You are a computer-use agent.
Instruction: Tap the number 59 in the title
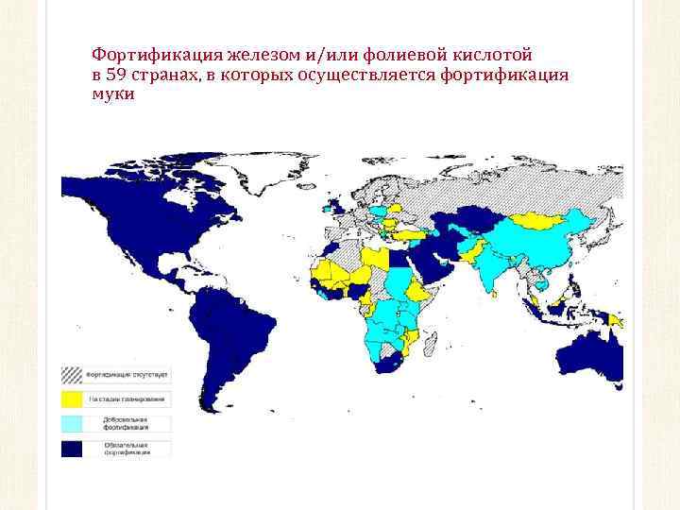coord(117,76)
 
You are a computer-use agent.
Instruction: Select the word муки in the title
coord(113,94)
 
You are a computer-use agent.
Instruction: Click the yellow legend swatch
coord(72,400)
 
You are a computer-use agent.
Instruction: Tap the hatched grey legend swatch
coord(72,375)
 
